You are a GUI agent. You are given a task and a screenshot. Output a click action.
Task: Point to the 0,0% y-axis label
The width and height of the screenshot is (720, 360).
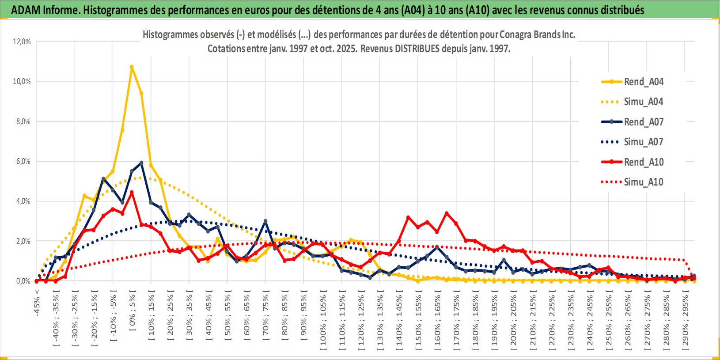point(23,281)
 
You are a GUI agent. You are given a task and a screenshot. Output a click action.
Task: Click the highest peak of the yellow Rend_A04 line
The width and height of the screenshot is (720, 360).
point(132,67)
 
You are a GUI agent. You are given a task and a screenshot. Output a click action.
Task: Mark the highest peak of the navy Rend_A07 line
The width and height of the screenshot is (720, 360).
point(141,163)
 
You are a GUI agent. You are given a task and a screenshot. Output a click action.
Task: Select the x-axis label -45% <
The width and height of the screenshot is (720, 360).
point(37,303)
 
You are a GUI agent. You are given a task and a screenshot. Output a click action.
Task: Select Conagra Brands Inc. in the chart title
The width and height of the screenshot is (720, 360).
point(537,34)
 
